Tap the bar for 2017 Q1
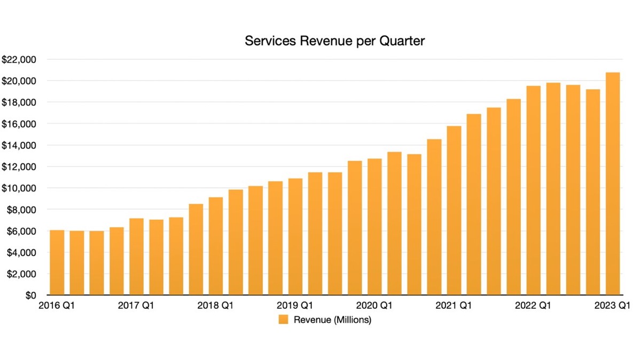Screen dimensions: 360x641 [x=136, y=257]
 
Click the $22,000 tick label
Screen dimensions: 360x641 [x=19, y=60]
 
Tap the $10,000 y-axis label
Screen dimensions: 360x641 [x=19, y=188]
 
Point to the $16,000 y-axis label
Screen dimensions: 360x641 [x=19, y=124]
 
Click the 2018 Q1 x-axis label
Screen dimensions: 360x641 [x=215, y=306]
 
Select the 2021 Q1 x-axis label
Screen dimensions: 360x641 [x=454, y=306]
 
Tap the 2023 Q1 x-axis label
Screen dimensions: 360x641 [x=613, y=306]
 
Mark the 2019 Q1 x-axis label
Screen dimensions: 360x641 [x=295, y=306]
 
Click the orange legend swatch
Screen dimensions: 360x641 [x=283, y=320]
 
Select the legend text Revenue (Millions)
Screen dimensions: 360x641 [x=332, y=320]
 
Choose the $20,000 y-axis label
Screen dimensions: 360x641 [x=19, y=81]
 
